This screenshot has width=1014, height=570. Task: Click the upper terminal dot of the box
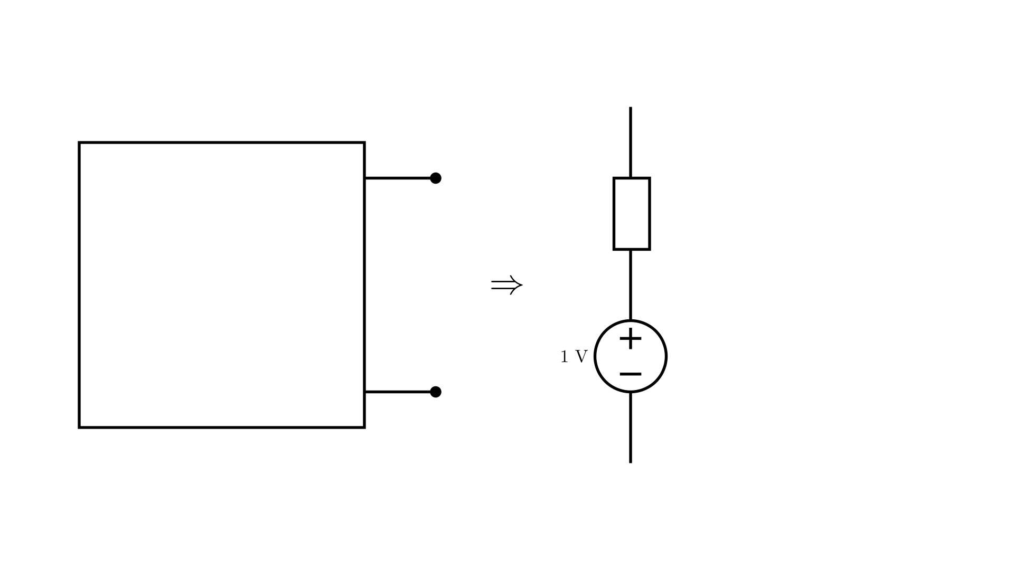tap(436, 178)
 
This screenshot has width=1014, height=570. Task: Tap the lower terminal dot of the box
tap(436, 392)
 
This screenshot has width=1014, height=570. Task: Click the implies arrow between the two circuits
tap(506, 286)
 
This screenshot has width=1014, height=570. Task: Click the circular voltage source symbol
tap(595, 356)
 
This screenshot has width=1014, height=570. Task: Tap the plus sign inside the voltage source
tap(631, 338)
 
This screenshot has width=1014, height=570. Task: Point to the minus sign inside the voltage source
tap(631, 374)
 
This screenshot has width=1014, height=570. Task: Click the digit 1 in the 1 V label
tap(565, 357)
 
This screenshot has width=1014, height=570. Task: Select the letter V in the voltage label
tap(581, 357)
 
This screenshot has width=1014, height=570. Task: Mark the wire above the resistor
tap(631, 142)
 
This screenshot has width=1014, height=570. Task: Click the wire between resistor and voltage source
tap(631, 285)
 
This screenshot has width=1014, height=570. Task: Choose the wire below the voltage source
tap(631, 427)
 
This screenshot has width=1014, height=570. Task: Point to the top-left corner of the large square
tap(79, 142)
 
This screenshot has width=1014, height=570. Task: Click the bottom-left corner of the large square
tap(79, 427)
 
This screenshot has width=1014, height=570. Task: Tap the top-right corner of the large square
tap(364, 142)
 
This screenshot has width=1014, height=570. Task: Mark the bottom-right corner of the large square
tap(364, 427)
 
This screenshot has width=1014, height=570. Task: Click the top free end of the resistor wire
tap(631, 108)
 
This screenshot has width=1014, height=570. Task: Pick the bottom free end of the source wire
tap(631, 463)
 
